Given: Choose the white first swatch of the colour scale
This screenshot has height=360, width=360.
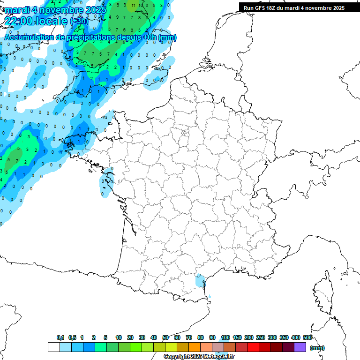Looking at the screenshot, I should (53, 347).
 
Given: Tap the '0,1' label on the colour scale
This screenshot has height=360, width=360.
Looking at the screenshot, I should (60, 337).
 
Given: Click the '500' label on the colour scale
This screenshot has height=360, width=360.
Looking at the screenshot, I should (307, 337).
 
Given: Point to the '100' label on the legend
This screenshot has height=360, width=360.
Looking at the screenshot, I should (225, 337).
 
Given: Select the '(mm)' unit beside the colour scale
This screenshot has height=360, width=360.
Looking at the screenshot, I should (317, 348).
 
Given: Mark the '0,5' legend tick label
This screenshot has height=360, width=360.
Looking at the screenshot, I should (72, 337).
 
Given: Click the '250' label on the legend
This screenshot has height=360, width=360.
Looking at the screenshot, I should (261, 337).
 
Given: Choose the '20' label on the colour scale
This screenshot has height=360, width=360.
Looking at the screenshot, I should (130, 337).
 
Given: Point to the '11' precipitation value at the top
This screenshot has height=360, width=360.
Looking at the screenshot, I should (134, 5).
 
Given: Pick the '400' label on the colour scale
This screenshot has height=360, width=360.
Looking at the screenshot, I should (296, 337).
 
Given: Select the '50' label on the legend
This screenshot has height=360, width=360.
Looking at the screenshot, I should (165, 337).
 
